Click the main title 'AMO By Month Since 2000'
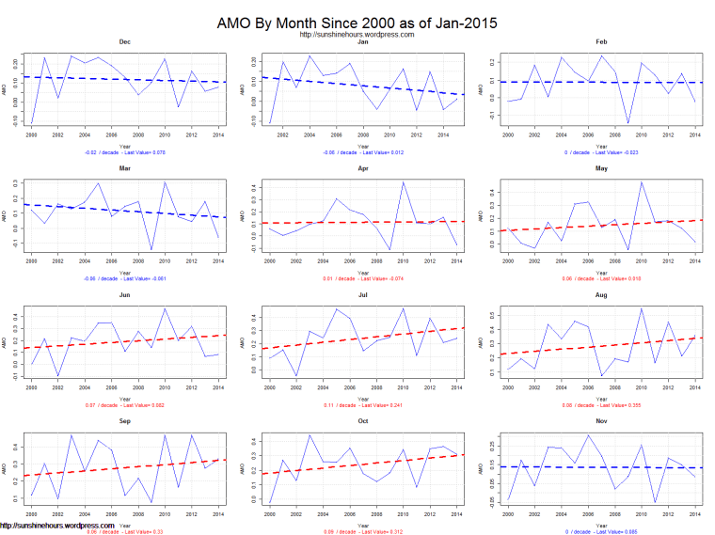coord(357,22)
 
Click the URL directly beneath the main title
coord(357,35)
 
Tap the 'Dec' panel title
coord(125,42)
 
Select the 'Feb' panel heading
coord(601,42)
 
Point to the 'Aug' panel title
coord(601,295)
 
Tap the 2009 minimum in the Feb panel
coord(628,123)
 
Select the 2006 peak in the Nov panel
coord(588,434)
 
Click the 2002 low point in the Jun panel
coord(57,376)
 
